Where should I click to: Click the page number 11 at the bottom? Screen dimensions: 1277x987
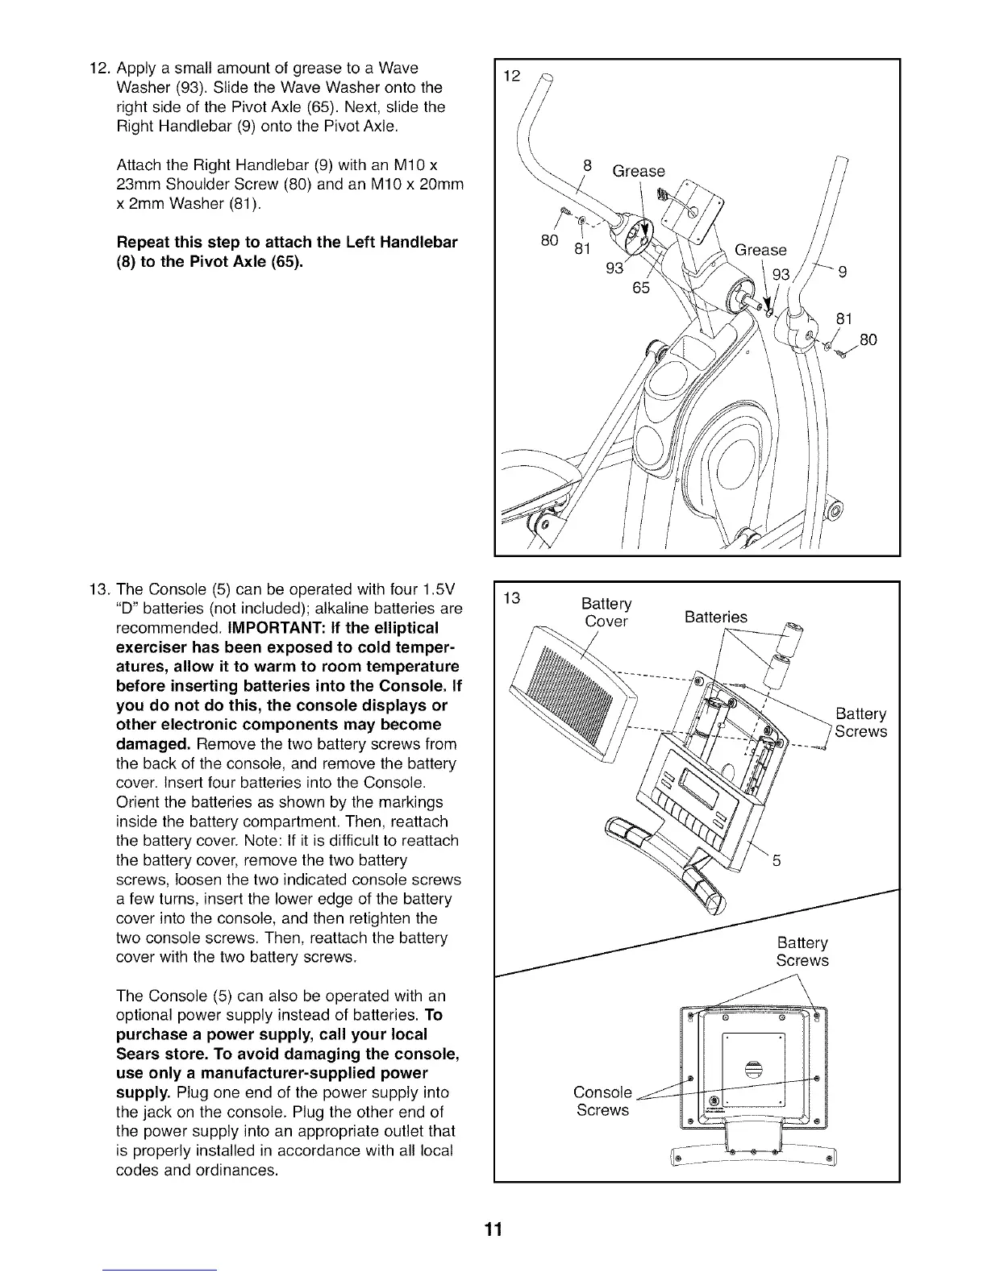[x=493, y=1230]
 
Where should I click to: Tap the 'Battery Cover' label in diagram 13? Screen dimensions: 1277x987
[x=606, y=613]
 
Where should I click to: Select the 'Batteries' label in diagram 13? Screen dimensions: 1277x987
[x=715, y=617]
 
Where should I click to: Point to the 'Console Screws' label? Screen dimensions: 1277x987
[x=602, y=1101]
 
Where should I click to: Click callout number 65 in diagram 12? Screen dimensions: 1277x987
[x=640, y=288]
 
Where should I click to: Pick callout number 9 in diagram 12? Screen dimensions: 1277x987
[x=843, y=272]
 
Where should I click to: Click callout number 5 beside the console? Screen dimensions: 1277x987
[x=777, y=860]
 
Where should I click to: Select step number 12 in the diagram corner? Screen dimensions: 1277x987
[x=510, y=77]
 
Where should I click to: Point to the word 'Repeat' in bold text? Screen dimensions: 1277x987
[x=146, y=243]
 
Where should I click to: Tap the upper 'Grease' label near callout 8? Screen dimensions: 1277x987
[x=639, y=171]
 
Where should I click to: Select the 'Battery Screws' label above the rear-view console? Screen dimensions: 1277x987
[x=802, y=952]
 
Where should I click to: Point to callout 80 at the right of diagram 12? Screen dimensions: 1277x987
[x=868, y=339]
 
